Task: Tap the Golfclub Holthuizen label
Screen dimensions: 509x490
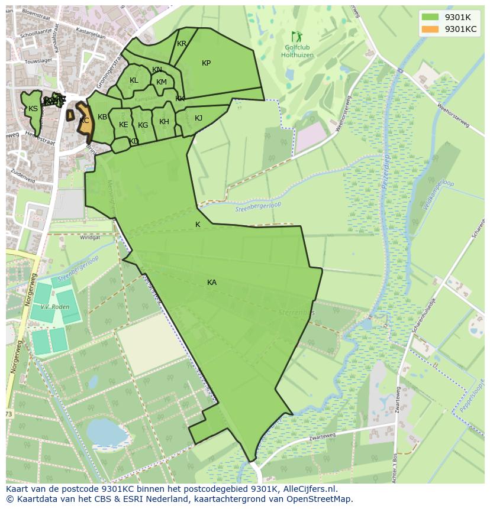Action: point(297,51)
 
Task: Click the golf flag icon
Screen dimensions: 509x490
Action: point(296,37)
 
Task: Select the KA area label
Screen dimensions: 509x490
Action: point(212,283)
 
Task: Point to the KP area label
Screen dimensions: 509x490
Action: point(206,63)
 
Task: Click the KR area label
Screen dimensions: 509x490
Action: point(182,44)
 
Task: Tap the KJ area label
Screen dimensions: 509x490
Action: point(198,118)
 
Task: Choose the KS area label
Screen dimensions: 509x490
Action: point(33,109)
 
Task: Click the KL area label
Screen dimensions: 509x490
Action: point(134,80)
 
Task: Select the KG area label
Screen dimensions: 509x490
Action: point(143,125)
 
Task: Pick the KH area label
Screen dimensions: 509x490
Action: point(164,122)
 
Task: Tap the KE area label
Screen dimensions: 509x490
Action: point(123,125)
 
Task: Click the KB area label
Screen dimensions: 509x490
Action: point(102,117)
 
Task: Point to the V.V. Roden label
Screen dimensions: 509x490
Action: point(53,307)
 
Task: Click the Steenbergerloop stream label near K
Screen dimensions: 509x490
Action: point(258,206)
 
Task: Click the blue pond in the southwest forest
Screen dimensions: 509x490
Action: point(107,433)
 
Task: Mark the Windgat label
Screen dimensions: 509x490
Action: point(90,238)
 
